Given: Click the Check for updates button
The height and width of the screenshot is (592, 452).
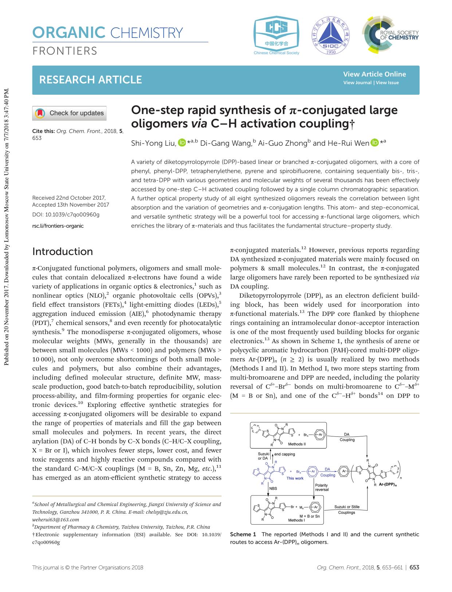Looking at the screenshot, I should pos(70,113).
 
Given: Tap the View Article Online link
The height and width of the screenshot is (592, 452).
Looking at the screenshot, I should pos(374,74).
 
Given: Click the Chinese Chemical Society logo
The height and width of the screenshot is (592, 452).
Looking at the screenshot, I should pos(276,36).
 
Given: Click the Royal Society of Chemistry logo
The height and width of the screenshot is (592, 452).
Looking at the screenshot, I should pos(390,35).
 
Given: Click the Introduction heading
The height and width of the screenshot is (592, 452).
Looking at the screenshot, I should pos(63,252).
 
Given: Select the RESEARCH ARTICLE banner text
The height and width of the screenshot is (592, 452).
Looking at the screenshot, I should pos(90,80).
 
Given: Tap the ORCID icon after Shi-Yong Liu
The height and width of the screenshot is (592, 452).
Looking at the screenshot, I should pos(182,143).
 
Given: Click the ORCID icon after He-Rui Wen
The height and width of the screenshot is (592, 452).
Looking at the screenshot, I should pos(375,143).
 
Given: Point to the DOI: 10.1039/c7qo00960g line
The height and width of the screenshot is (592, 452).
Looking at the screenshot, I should pos(66,215).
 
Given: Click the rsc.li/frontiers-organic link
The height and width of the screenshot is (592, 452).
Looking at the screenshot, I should pos(58,226).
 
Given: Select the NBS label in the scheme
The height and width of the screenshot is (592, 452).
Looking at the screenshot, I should pos(273,489).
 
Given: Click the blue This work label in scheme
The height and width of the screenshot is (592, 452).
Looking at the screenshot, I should pos(295,478).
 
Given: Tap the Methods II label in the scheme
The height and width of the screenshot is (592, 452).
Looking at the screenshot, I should pos(297,444).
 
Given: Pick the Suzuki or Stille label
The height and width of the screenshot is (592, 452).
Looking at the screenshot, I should pos(347,507).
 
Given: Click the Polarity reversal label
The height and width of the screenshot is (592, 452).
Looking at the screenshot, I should pos(322,487).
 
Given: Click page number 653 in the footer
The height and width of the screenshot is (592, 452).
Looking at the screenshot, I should pos(414,568).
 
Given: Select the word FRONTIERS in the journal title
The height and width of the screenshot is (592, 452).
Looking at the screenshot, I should pos(65,51).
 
